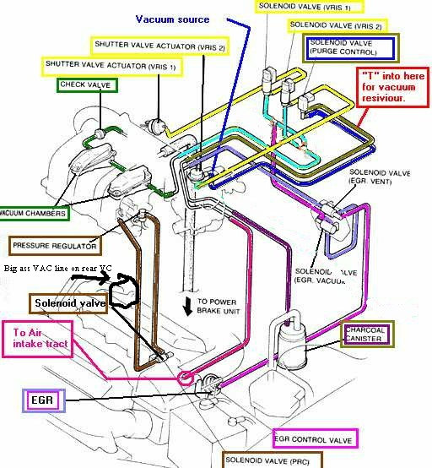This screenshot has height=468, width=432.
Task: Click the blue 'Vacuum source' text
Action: coord(172,19)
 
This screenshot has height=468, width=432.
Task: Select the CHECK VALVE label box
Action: coord(87,85)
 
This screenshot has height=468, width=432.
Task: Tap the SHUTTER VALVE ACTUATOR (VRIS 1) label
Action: coord(112,66)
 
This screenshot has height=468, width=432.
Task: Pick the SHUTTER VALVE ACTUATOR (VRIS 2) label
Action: coord(160,46)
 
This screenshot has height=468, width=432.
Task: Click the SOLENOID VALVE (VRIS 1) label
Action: coord(310,6)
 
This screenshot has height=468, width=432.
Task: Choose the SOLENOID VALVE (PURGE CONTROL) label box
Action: coord(351,48)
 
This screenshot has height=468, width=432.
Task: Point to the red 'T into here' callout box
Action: coord(392,87)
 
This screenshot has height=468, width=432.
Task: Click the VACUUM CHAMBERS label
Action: coord(34,214)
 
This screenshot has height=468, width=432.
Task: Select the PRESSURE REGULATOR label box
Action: coord(55,246)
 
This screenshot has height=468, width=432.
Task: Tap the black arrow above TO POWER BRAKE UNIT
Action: coord(188,307)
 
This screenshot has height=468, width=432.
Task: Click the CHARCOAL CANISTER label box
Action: coord(367,335)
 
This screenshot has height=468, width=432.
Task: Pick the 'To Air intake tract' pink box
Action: coord(38,339)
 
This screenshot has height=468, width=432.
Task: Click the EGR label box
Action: coord(44,401)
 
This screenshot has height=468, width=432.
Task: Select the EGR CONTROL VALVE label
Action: coord(316,438)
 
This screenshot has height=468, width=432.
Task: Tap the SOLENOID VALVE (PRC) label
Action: coord(273,460)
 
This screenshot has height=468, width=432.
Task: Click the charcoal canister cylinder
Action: coord(292,346)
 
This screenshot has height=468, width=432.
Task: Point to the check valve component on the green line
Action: coord(100,133)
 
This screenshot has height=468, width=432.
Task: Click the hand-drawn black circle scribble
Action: coord(124,291)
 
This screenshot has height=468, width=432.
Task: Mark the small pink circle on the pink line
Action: coord(186,378)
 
